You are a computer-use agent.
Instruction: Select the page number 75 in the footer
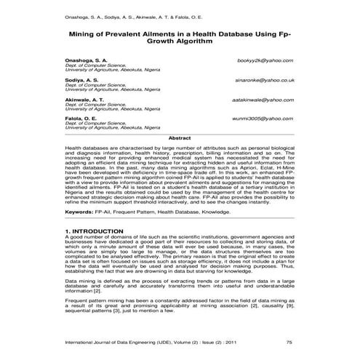(x=289, y=342)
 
